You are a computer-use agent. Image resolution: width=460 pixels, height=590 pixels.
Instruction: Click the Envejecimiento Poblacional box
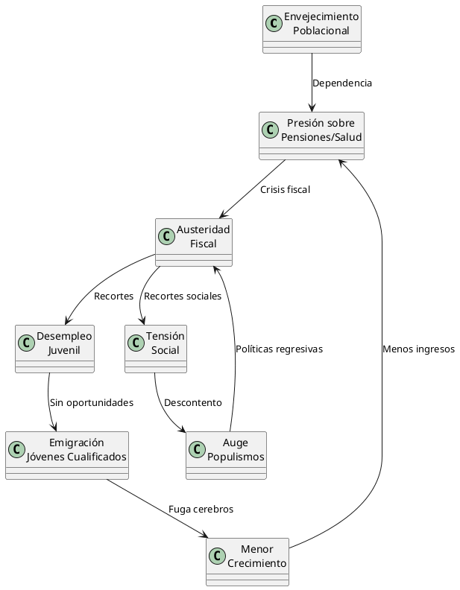pos(312,29)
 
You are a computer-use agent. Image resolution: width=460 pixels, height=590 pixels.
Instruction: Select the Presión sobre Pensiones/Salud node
pos(312,136)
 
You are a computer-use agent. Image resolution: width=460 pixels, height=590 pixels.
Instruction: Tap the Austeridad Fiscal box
pos(194,242)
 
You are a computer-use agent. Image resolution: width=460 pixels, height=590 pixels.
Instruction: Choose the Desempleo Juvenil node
pos(54,349)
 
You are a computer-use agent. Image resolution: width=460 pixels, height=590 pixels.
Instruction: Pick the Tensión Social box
pos(156,349)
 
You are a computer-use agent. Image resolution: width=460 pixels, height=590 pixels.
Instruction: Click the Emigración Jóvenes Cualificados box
pos(67,455)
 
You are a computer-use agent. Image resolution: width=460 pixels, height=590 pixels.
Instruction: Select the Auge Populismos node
pos(226,455)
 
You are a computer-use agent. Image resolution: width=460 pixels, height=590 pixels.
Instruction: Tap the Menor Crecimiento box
pos(248,562)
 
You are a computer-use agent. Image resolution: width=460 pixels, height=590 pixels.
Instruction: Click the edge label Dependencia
pos(341,83)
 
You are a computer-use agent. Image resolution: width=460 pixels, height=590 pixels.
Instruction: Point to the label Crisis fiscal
pos(285,189)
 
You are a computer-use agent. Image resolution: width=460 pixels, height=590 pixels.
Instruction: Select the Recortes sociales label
pos(183,296)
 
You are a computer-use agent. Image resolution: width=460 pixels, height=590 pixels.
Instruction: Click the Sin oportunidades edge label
pos(92,402)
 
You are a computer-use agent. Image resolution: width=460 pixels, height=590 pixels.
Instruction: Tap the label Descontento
pos(192,402)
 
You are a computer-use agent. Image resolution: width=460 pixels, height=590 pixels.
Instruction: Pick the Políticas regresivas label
pos(279,349)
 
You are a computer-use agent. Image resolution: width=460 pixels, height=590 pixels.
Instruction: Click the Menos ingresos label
pos(418,349)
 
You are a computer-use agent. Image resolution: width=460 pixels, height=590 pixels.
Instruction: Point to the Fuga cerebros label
pos(201,509)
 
